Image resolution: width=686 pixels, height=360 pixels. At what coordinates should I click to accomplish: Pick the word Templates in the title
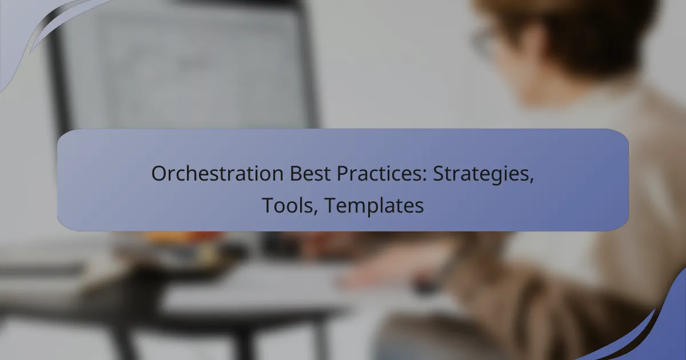(374, 206)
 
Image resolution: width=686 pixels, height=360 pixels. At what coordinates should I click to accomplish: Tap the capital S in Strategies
(438, 175)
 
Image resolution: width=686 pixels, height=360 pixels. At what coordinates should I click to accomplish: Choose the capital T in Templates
(329, 206)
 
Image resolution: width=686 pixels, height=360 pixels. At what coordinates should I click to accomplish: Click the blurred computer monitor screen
(189, 69)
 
